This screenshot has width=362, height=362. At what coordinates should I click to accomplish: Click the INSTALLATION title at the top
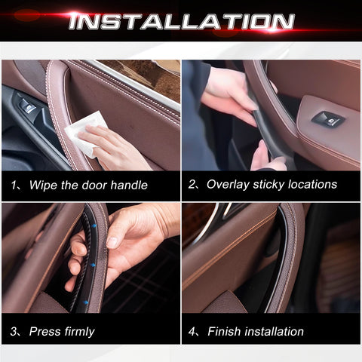pyautogui.click(x=182, y=22)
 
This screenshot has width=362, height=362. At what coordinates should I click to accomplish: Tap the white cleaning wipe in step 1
pyautogui.click(x=84, y=133)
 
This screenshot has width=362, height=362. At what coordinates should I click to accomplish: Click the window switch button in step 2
pyautogui.click(x=328, y=118)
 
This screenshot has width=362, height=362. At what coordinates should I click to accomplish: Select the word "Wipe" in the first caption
pyautogui.click(x=44, y=185)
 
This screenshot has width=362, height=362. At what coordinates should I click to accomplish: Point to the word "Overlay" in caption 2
pyautogui.click(x=228, y=185)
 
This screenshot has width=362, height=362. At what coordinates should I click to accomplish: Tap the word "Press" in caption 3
pyautogui.click(x=44, y=331)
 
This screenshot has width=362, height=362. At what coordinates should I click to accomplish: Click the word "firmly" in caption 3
pyautogui.click(x=79, y=332)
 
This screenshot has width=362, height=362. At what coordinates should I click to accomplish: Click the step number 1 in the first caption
pyautogui.click(x=14, y=186)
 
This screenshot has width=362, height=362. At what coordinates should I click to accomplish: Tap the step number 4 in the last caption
pyautogui.click(x=192, y=331)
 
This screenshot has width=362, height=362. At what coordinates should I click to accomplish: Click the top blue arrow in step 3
pyautogui.click(x=94, y=225)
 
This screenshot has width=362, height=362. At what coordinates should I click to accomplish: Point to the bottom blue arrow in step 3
pyautogui.click(x=86, y=302)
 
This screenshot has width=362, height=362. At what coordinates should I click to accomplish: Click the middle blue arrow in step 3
pyautogui.click(x=93, y=265)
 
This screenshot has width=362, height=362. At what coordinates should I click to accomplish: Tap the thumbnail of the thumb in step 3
pyautogui.click(x=112, y=242)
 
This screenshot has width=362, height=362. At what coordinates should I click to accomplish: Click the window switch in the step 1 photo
pyautogui.click(x=28, y=106)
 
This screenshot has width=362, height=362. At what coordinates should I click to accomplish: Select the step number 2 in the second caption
pyautogui.click(x=192, y=185)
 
